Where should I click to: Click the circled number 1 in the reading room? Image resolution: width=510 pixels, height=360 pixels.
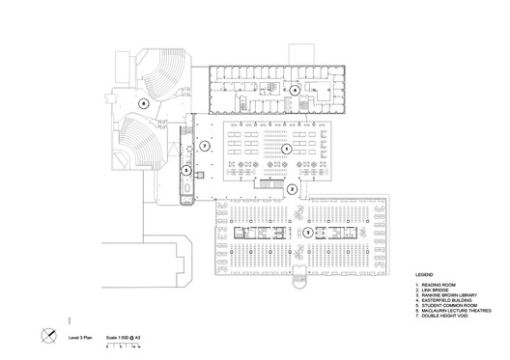coord(286,150)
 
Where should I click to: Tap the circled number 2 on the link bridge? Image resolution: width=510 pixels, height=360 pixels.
coord(292,189)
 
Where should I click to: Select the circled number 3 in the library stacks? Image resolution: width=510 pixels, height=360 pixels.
coord(307,232)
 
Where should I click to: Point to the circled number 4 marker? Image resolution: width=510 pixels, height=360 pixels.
coord(295,91)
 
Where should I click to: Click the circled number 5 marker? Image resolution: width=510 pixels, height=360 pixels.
coord(186,170)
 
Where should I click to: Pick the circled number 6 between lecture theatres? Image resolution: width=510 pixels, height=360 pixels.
coord(143,101)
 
